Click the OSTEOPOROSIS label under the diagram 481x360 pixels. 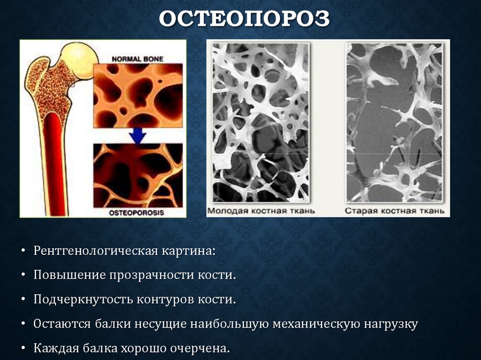click(x=136, y=212)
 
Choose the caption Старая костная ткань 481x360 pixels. click(x=395, y=211)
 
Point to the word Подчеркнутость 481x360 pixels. click(x=82, y=299)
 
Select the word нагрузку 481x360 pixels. click(x=391, y=324)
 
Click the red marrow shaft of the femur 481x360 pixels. click(x=55, y=164)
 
